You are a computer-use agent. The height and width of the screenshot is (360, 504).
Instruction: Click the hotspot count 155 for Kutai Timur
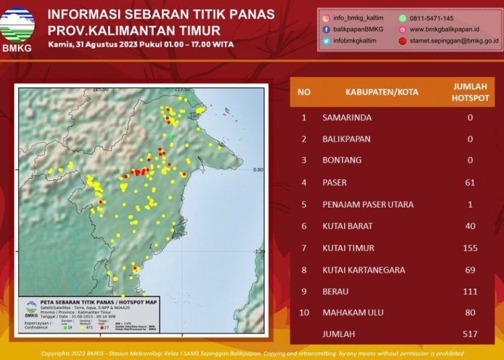(470, 248)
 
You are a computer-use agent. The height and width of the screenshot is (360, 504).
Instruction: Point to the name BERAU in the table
(335, 291)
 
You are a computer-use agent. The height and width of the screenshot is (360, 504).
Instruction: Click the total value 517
(470, 334)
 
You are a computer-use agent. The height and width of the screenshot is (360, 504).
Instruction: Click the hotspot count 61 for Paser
(470, 183)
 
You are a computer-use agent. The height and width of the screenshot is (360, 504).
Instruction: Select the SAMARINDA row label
(347, 118)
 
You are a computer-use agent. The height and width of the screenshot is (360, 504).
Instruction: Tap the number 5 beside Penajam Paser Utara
(304, 204)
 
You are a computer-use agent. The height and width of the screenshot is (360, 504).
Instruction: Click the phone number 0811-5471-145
(431, 19)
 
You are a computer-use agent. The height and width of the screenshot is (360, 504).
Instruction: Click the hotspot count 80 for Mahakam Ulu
(470, 312)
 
